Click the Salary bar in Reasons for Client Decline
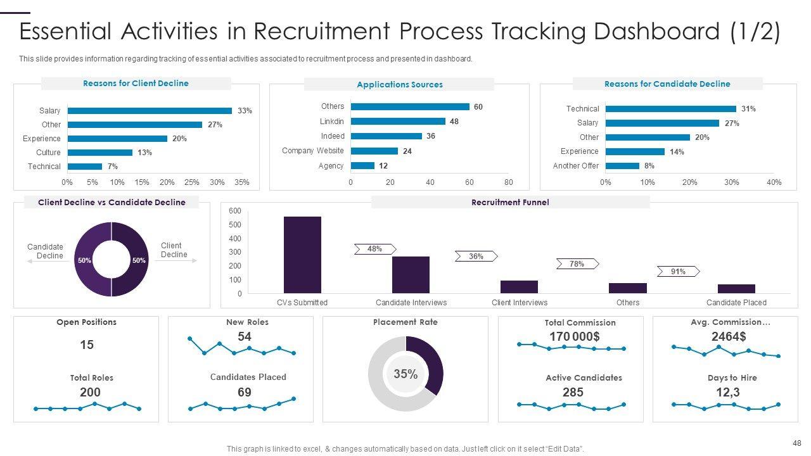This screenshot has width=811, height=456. click(x=150, y=111)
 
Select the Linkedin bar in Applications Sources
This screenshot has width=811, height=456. click(x=398, y=121)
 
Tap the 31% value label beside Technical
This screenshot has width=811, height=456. click(x=748, y=109)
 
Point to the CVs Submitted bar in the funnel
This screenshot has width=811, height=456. click(x=302, y=255)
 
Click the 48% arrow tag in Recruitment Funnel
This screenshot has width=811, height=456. click(x=374, y=249)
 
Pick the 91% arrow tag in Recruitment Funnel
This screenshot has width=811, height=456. click(x=678, y=272)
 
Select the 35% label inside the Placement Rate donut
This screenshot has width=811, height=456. click(x=405, y=374)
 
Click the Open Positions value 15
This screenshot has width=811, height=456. click(x=87, y=345)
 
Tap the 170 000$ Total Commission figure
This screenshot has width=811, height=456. click(x=574, y=336)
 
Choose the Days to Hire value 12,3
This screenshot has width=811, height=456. click(x=728, y=392)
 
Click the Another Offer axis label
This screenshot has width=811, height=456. click(x=576, y=166)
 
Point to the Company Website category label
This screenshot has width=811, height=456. click(x=313, y=151)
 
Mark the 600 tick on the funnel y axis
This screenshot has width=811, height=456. click(x=235, y=211)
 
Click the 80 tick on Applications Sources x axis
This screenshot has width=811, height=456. click(x=508, y=182)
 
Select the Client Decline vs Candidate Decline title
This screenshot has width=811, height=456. click(x=112, y=203)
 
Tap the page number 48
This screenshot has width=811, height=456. click(x=796, y=443)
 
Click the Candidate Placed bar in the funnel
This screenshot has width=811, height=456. click(x=736, y=289)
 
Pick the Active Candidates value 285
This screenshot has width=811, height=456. click(x=573, y=392)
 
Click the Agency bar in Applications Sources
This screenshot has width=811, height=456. click(x=362, y=166)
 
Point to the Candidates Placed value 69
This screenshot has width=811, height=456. click(x=245, y=392)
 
